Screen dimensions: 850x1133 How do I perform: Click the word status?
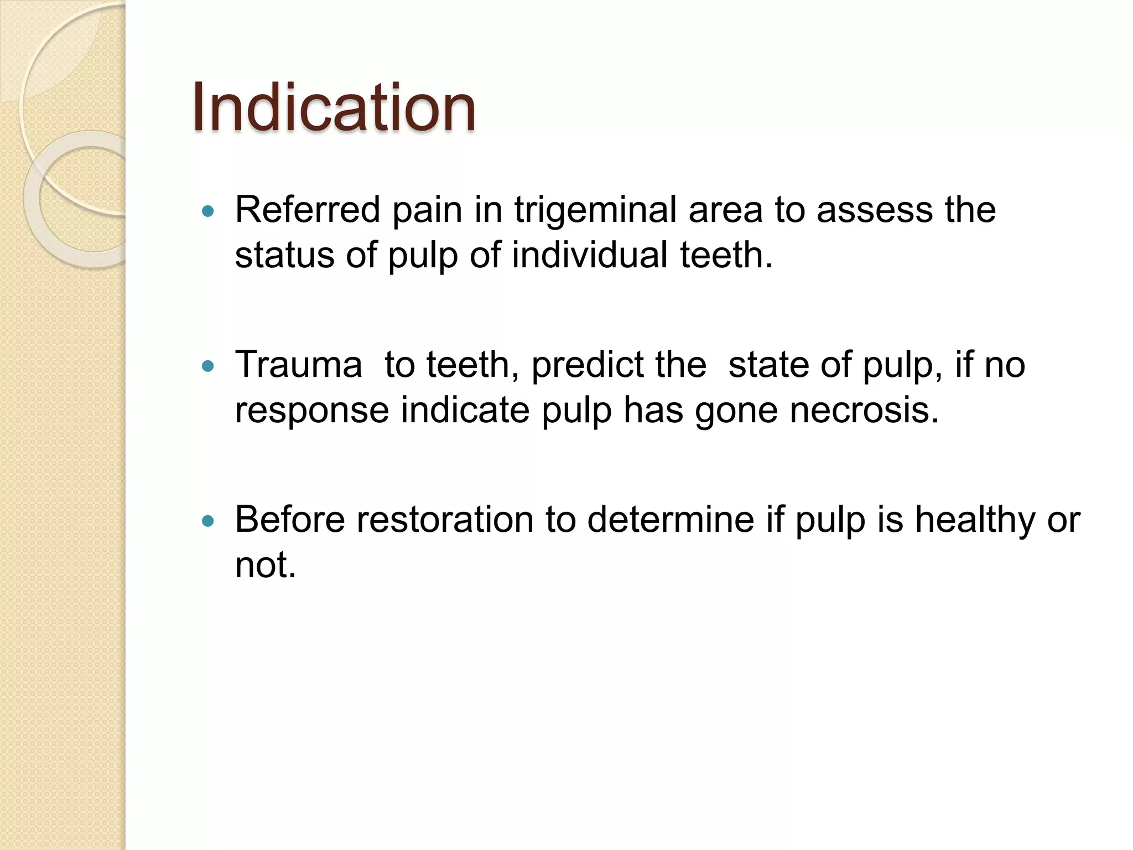[x=284, y=255]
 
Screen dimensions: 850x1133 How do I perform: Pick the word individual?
[x=590, y=255]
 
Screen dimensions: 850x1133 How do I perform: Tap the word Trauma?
[x=298, y=365]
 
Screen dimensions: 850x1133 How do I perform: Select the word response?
[x=312, y=411]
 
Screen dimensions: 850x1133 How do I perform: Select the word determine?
[x=671, y=520]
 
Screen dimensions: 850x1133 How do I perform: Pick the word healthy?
[x=975, y=521]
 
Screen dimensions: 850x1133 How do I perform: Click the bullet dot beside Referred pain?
[x=208, y=211]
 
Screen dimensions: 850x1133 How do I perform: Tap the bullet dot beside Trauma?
[x=208, y=366]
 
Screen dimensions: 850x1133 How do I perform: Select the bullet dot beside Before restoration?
[x=208, y=521]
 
